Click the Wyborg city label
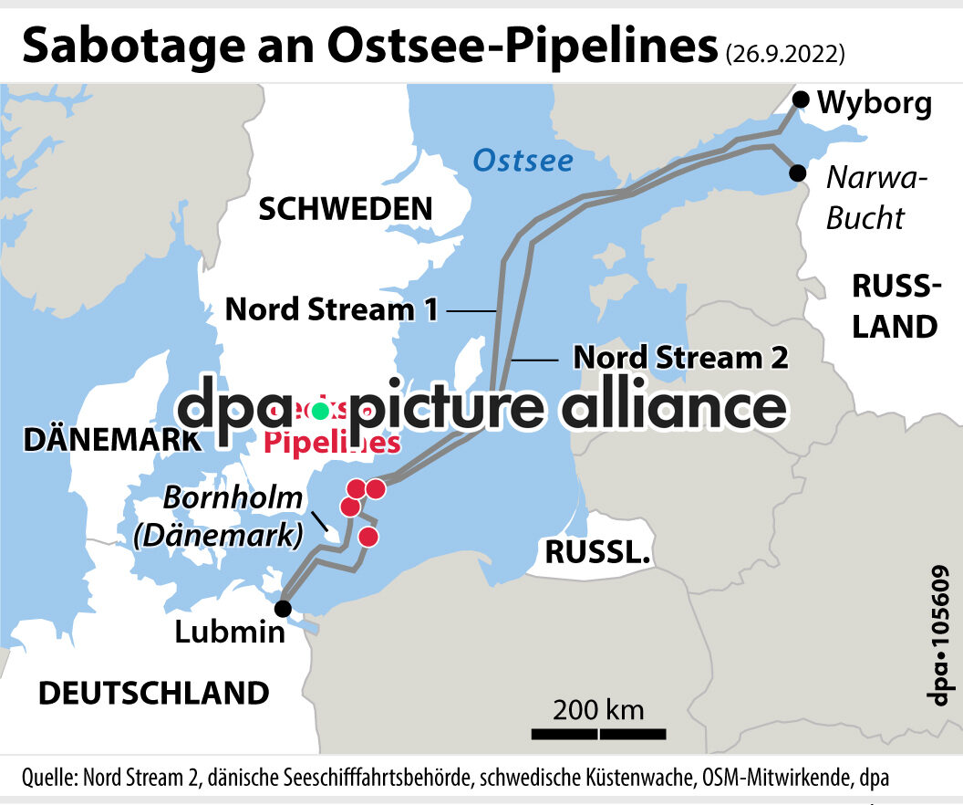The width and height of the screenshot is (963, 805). pyautogui.click(x=875, y=104)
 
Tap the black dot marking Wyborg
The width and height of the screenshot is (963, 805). pyautogui.click(x=801, y=99)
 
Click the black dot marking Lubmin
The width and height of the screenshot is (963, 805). pyautogui.click(x=284, y=608)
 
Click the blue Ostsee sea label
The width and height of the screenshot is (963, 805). pyautogui.click(x=523, y=162)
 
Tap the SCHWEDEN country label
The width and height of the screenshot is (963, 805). pyautogui.click(x=346, y=209)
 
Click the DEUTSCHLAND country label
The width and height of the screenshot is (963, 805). pyautogui.click(x=153, y=693)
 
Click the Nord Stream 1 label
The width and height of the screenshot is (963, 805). pyautogui.click(x=332, y=309)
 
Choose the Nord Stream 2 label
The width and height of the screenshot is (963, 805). pyautogui.click(x=680, y=358)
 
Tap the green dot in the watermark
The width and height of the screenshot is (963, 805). pyautogui.click(x=319, y=411)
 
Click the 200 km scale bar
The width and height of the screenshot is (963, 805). pyautogui.click(x=598, y=732)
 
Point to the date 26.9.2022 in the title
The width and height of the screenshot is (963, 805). pyautogui.click(x=785, y=53)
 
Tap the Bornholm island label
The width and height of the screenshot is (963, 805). pyautogui.click(x=233, y=499)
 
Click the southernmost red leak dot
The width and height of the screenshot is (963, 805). pyautogui.click(x=368, y=537)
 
